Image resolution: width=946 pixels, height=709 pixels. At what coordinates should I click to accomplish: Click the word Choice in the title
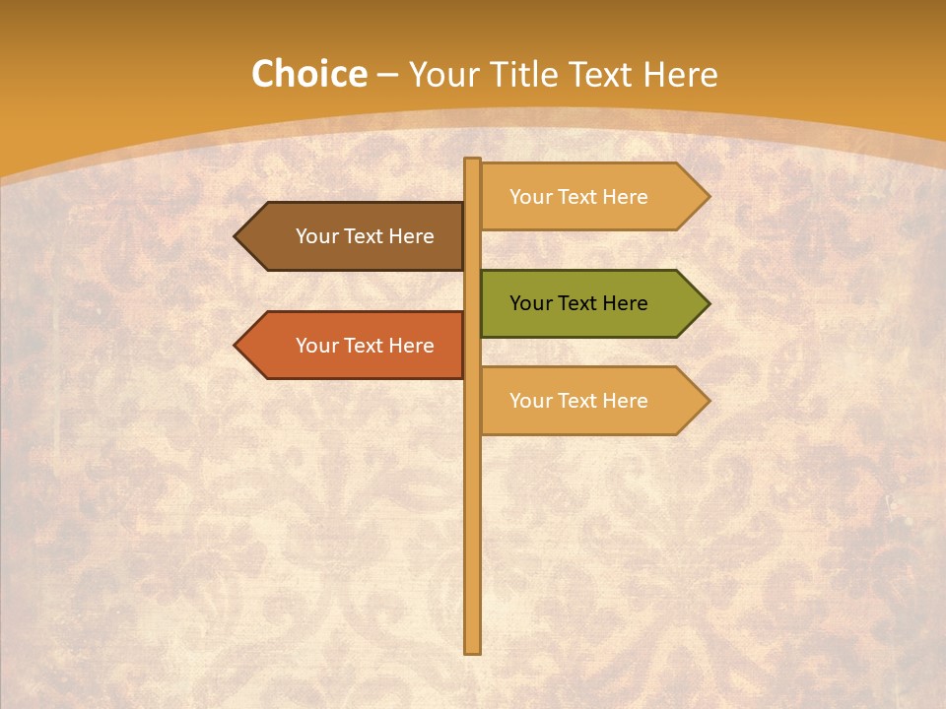tap(308, 75)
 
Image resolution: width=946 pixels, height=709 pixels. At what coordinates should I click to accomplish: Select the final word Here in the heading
tap(680, 75)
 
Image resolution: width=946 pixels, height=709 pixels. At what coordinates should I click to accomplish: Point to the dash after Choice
tap(387, 76)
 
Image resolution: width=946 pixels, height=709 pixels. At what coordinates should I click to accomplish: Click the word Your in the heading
tap(442, 75)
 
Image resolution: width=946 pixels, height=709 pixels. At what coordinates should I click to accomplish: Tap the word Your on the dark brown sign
tap(316, 236)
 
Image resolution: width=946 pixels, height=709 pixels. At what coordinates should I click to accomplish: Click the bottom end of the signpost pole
tap(472, 649)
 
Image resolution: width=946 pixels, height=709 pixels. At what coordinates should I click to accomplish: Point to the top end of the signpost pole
tap(472, 161)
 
